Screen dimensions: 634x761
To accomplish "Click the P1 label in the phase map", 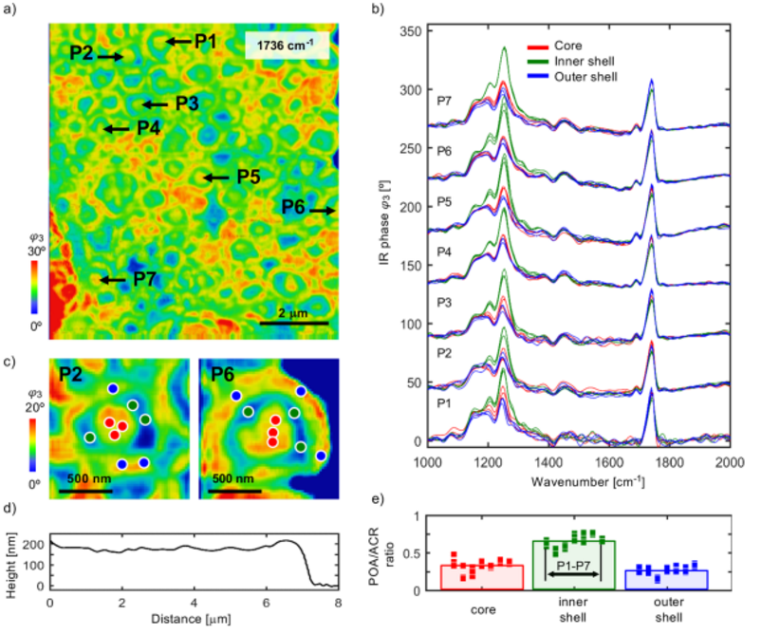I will (x=206, y=41).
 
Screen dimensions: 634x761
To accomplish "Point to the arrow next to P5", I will (x=215, y=177).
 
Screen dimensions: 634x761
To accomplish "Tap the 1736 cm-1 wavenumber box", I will (x=287, y=46).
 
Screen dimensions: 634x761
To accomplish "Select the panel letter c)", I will (x=9, y=362).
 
